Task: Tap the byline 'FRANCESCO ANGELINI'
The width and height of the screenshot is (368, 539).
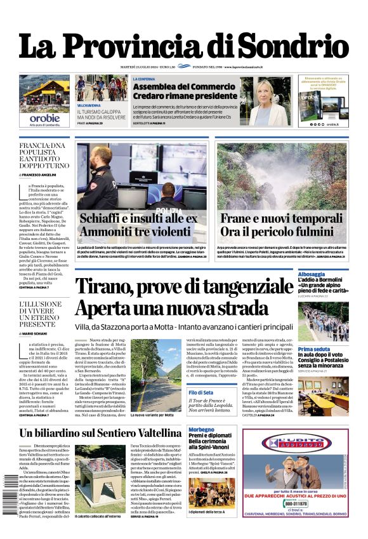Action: [x=48, y=174]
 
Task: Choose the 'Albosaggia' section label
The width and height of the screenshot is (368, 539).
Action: [x=315, y=271]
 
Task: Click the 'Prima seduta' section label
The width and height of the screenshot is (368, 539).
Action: [x=313, y=349]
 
